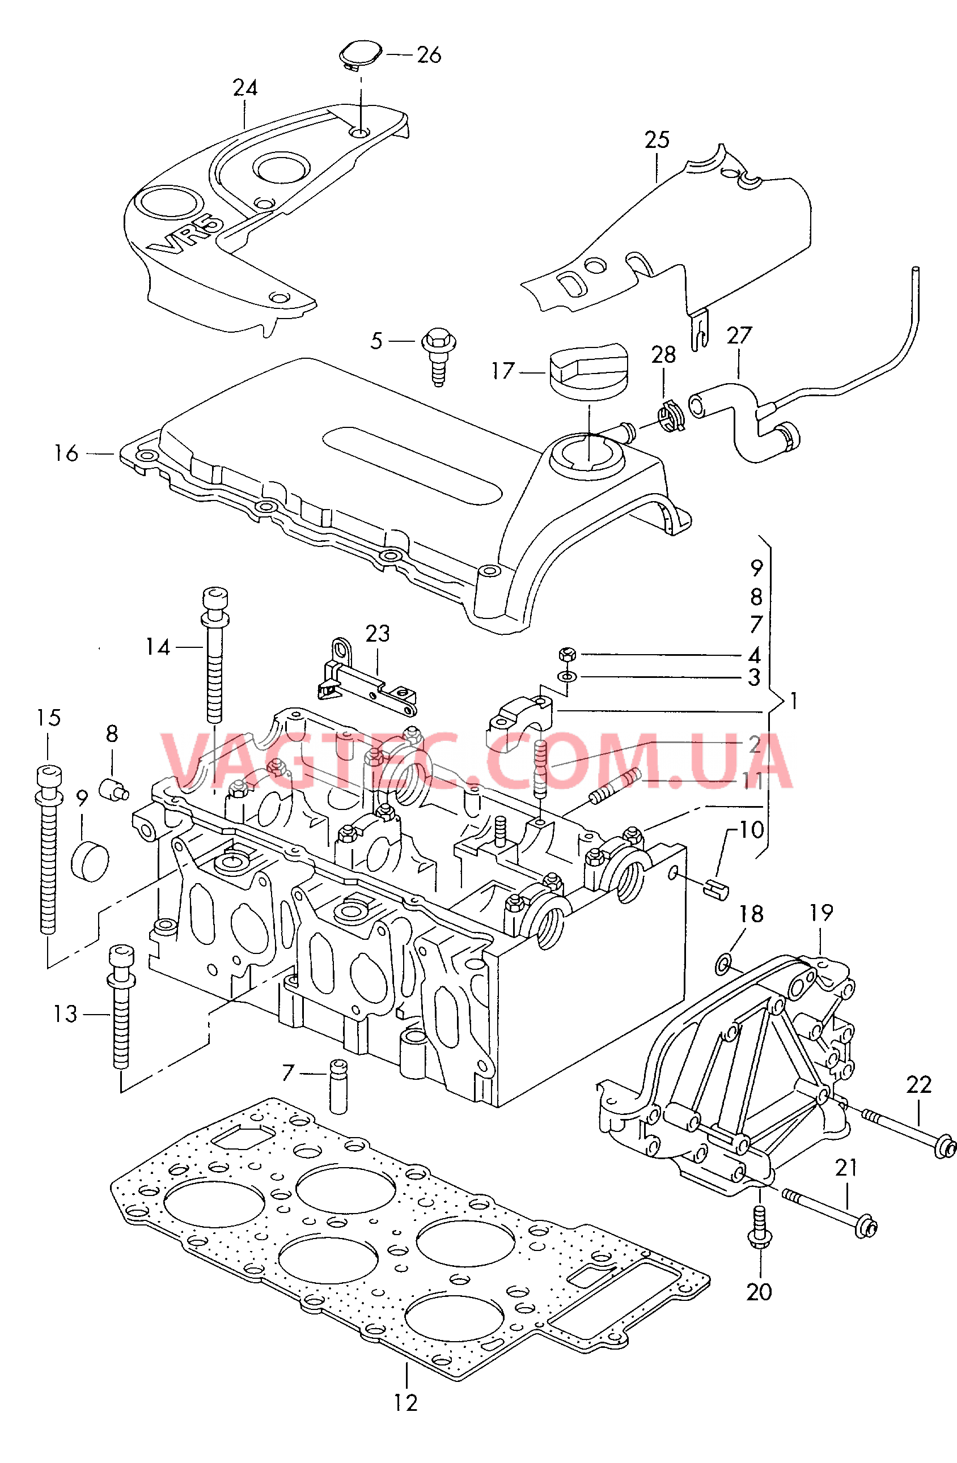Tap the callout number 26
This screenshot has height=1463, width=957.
click(429, 56)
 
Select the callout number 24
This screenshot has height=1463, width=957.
click(244, 88)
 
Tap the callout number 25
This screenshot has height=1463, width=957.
click(657, 140)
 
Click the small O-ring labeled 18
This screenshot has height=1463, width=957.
click(723, 963)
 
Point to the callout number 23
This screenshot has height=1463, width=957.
click(378, 633)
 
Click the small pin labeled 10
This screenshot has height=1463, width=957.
click(717, 888)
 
